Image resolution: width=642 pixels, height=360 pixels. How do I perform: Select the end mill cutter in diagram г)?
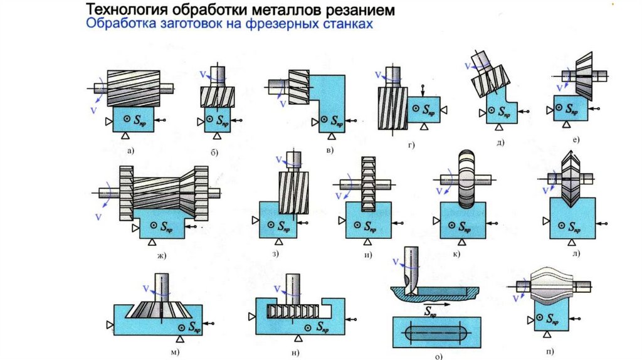[392, 107]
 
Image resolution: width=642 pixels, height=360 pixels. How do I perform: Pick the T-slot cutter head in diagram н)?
[292, 310]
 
